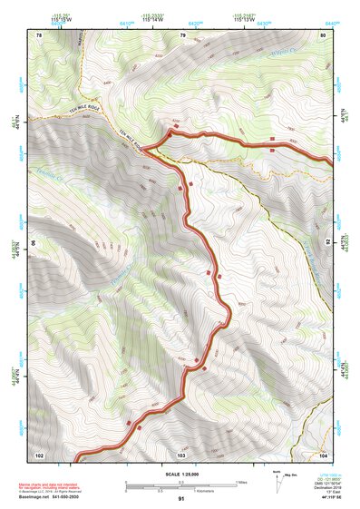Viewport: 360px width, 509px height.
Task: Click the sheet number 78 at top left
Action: click(39, 35)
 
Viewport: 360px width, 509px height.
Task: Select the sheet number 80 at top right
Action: click(323, 35)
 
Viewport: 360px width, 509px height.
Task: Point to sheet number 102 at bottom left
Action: click(40, 454)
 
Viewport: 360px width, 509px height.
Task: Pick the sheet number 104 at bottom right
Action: click(322, 454)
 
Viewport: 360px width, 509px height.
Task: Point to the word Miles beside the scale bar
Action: click(243, 481)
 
